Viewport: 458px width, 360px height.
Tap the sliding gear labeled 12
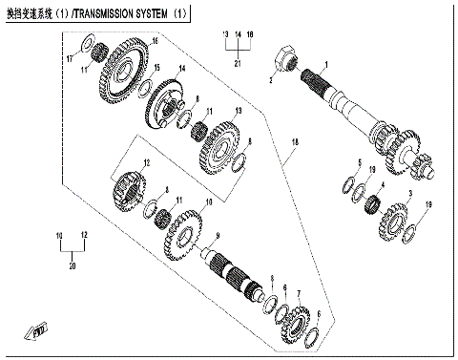(132, 183)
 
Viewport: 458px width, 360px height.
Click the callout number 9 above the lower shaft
(217, 236)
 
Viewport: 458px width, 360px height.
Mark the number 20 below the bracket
(72, 269)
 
